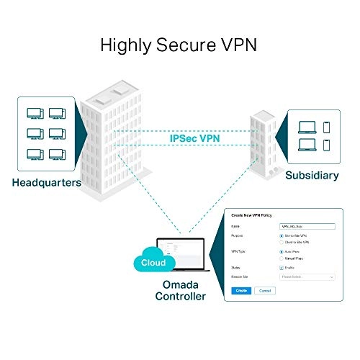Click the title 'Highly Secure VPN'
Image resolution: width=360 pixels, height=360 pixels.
(179, 45)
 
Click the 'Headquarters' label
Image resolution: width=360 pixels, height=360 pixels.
(46, 182)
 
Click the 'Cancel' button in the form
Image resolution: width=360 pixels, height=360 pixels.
(266, 290)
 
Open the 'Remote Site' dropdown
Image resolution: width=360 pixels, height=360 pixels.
(307, 276)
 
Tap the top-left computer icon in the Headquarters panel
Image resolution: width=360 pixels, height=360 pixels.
(33, 113)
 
